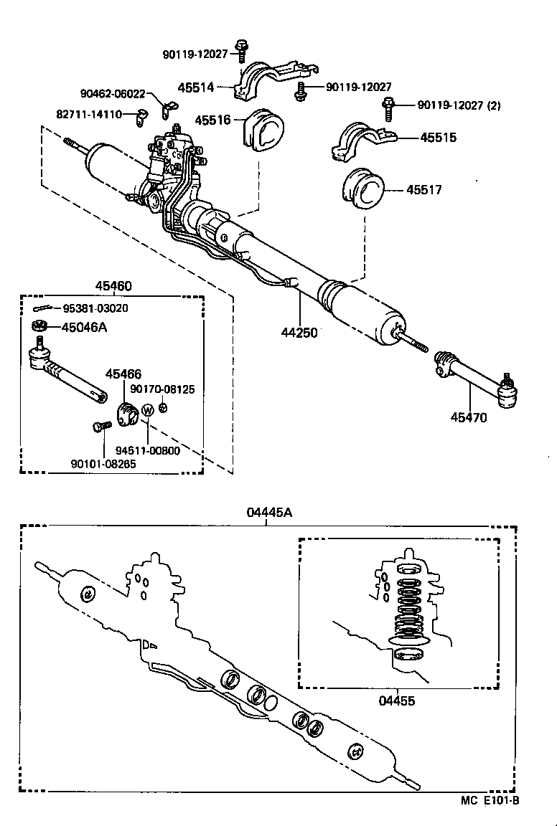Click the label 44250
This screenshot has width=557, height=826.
click(299, 332)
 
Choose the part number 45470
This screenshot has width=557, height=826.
click(469, 417)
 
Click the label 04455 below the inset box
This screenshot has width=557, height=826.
click(397, 701)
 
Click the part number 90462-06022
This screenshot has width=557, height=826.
click(113, 93)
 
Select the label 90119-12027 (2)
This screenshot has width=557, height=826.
click(459, 105)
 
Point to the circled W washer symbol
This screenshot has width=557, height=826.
click(146, 410)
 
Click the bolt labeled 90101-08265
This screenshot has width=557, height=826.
click(100, 427)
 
